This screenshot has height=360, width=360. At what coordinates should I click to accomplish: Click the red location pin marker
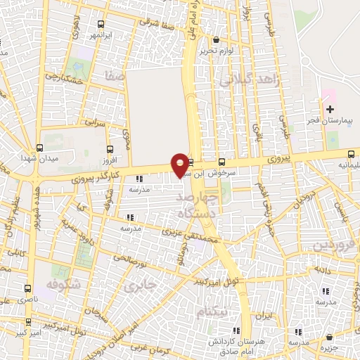(x=181, y=165)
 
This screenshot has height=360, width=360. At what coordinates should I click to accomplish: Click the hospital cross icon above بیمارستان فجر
(x=330, y=109)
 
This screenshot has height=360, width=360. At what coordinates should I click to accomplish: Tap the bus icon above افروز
(x=110, y=149)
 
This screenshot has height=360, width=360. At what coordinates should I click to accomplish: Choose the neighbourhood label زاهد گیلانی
(x=251, y=81)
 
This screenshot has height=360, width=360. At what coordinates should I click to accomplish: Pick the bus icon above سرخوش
(x=221, y=161)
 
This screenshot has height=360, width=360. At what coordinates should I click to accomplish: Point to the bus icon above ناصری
(x=28, y=288)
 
